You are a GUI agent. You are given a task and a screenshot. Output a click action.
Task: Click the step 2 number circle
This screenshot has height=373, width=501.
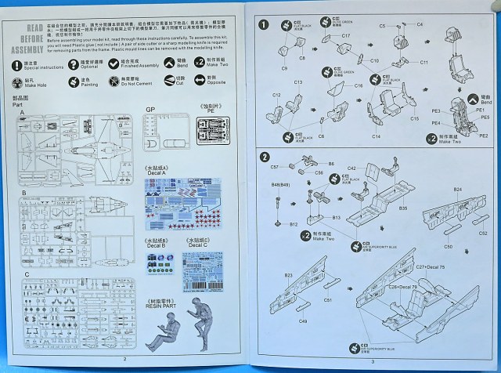point(265,157)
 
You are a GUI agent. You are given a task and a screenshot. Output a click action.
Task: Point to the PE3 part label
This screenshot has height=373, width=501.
point(462,111)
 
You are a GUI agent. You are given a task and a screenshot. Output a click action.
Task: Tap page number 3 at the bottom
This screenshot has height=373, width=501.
point(373,361)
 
